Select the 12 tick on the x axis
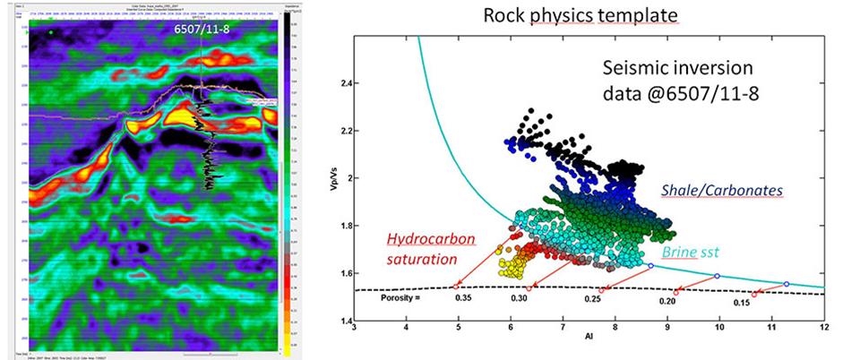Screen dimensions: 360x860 [x=823, y=330]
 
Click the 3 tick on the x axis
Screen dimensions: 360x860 [x=356, y=330]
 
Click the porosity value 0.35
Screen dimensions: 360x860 [x=463, y=297]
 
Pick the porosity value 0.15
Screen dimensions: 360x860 [x=741, y=303]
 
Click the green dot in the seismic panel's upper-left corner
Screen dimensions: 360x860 [x=52, y=33]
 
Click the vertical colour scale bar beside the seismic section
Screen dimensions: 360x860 [x=283, y=179]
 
